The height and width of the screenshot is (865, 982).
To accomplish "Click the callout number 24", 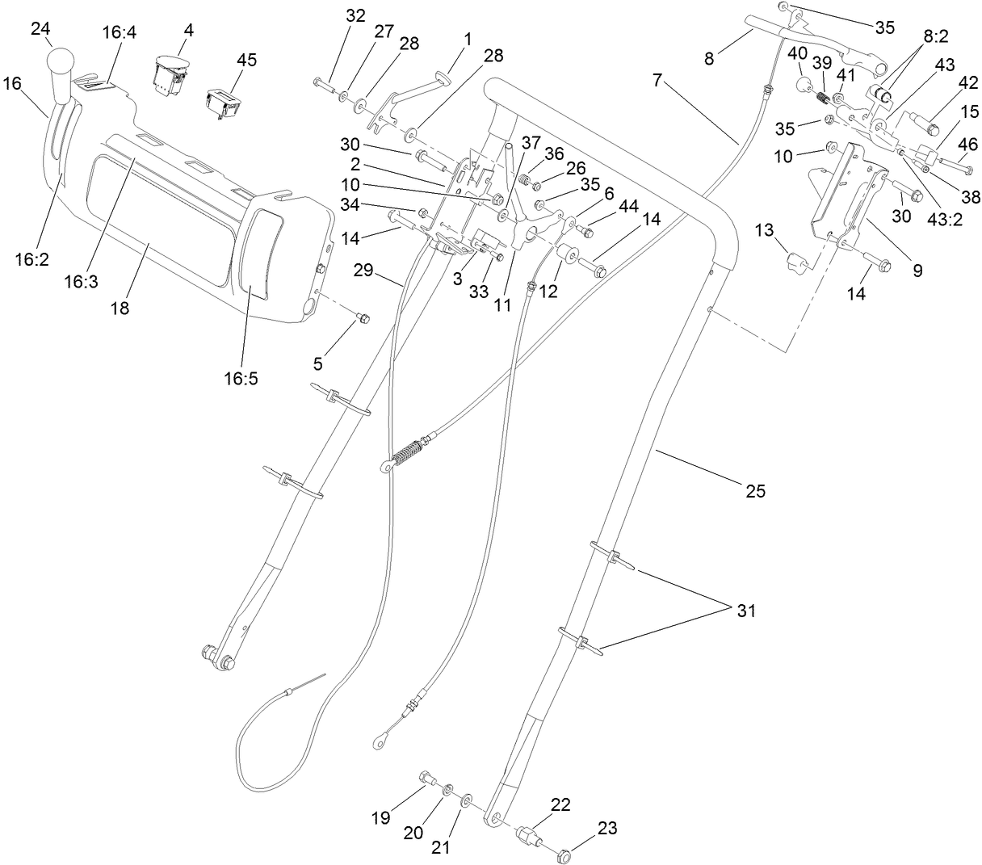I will [40, 30].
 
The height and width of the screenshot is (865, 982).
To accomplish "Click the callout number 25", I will [755, 490].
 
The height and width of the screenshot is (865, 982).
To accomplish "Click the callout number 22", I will [560, 804].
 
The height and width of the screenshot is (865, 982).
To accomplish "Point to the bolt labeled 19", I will [427, 779].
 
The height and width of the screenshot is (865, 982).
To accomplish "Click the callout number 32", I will [355, 15].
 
